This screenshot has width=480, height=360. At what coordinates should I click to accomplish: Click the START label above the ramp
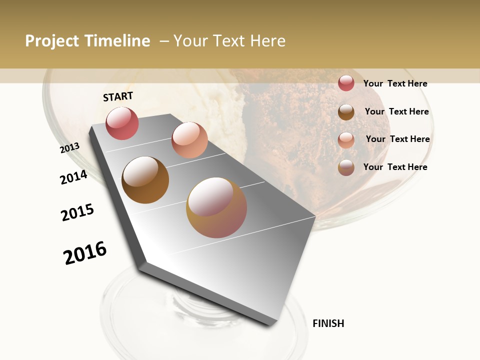[x=118, y=96]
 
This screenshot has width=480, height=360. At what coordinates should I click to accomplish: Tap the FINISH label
[x=328, y=323]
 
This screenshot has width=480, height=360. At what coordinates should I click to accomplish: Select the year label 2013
[x=70, y=148]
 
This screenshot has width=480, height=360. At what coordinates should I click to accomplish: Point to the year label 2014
[x=73, y=177]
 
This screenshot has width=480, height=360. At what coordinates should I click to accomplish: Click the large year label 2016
[x=85, y=253]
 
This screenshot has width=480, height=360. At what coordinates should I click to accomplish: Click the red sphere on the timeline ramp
[x=122, y=123]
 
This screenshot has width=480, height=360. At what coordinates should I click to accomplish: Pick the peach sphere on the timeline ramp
[x=189, y=140]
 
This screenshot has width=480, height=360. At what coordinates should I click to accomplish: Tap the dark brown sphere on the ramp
[x=145, y=180]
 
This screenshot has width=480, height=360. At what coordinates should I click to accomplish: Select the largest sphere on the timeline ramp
[x=216, y=207]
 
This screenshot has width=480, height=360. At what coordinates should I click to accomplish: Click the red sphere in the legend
[x=346, y=83]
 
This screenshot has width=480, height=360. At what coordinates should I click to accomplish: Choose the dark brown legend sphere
[x=346, y=112]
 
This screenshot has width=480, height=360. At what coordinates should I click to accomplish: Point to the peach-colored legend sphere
[x=346, y=140]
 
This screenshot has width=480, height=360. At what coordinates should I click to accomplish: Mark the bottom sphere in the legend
[x=346, y=167]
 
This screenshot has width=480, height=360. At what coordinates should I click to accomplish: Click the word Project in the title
[x=52, y=41]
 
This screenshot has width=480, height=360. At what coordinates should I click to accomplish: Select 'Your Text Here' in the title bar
[x=229, y=41]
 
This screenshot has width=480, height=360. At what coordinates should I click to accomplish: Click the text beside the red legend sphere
[x=395, y=83]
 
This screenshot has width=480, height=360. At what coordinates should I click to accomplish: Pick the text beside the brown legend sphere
[x=396, y=111]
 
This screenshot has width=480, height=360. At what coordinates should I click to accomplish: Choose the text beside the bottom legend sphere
[x=395, y=167]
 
